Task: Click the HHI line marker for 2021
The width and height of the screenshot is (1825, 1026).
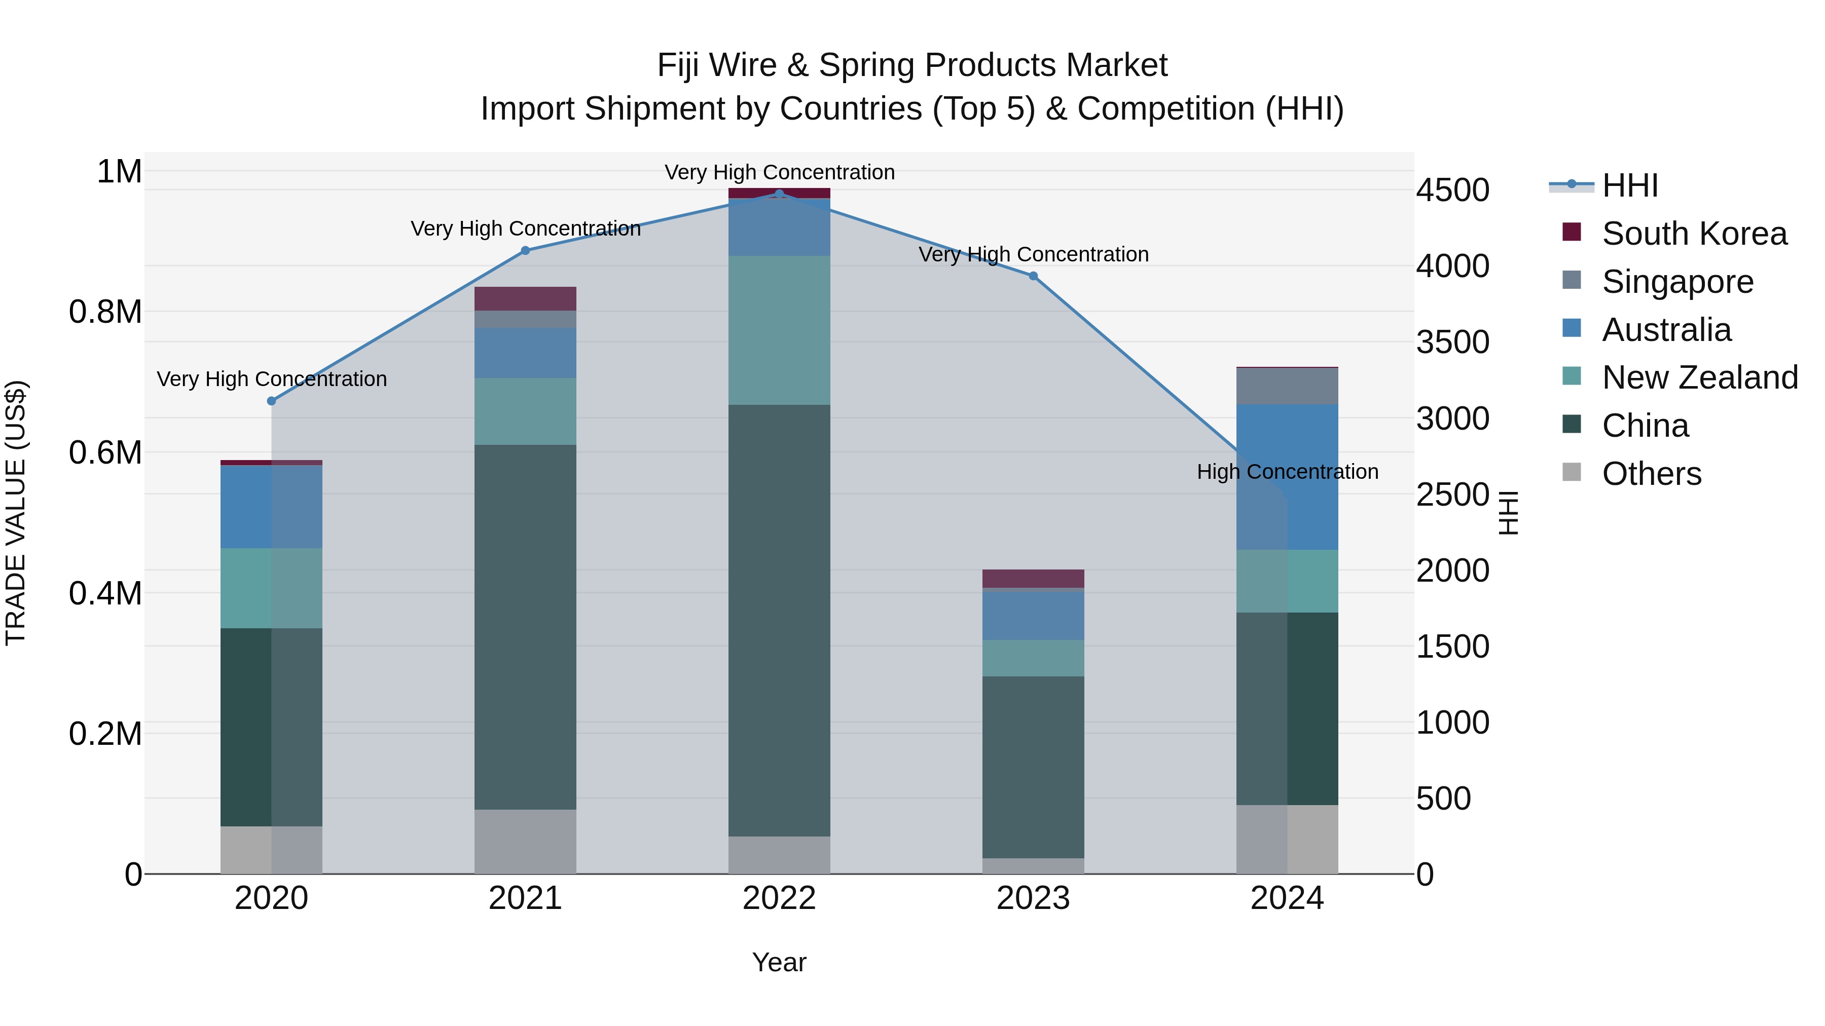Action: click(525, 251)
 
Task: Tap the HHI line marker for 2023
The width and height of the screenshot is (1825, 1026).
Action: click(1033, 276)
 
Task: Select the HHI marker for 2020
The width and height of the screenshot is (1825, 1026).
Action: click(271, 401)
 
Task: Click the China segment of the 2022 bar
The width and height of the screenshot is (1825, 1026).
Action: click(779, 620)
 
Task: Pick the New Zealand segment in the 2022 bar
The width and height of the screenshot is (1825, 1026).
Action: click(779, 330)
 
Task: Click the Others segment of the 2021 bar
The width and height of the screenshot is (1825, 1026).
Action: click(525, 841)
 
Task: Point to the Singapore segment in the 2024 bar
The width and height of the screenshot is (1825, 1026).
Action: click(1287, 387)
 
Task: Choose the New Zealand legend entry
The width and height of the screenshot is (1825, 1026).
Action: click(1699, 377)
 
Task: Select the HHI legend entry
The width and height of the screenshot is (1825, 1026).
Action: click(1629, 185)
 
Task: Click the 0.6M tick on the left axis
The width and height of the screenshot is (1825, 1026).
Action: click(105, 452)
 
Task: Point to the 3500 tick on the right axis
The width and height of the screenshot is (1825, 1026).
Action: click(1452, 343)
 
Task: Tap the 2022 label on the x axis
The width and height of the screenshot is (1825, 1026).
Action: click(779, 898)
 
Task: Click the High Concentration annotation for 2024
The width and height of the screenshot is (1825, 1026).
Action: click(1287, 472)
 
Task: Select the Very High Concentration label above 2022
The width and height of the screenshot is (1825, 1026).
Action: click(779, 172)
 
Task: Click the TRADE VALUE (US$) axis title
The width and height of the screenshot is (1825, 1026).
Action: click(16, 513)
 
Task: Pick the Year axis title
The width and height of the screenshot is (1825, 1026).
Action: click(779, 962)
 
